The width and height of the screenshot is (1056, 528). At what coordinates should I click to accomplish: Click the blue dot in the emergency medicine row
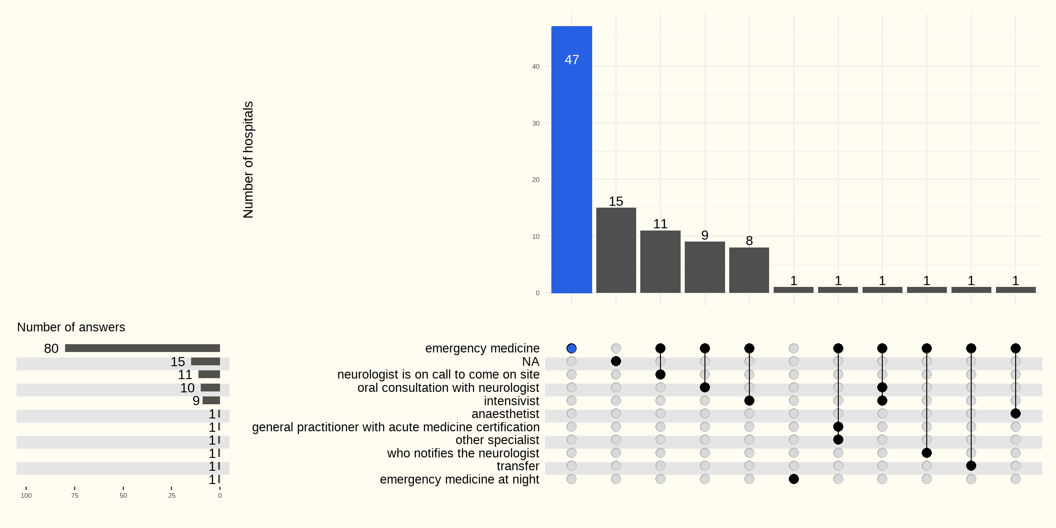(572, 348)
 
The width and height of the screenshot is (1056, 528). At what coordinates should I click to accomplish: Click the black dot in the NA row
(616, 361)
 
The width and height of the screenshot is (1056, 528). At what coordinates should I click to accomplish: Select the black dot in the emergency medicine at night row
(794, 479)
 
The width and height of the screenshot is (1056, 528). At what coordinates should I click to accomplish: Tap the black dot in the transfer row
(971, 466)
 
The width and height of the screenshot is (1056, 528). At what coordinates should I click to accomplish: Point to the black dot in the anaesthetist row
(1016, 413)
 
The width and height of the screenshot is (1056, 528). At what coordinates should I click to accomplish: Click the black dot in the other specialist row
(838, 440)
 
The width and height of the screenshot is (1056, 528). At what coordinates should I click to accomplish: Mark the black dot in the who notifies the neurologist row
(927, 453)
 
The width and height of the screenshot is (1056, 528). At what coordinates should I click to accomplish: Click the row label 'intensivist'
(511, 401)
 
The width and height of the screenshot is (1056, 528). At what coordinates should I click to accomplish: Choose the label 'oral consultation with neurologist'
(448, 388)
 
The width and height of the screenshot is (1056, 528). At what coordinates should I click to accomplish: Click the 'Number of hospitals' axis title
(248, 159)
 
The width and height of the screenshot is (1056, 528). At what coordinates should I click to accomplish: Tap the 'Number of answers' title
(71, 327)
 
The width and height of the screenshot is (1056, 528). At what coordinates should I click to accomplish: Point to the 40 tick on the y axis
(536, 66)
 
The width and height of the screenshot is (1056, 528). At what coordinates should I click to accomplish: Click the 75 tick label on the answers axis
(75, 495)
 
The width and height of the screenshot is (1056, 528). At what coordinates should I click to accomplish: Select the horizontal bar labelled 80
(143, 348)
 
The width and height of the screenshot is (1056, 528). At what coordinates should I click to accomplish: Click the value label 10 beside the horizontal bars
(187, 388)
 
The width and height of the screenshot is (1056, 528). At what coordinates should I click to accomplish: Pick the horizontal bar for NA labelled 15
(205, 362)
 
